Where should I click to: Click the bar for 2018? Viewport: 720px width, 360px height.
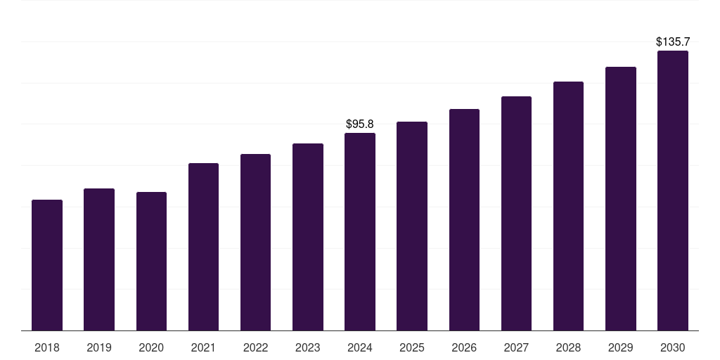[47, 265]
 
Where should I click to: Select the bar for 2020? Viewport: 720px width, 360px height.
[151, 262]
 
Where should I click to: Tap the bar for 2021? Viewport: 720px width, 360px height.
[203, 247]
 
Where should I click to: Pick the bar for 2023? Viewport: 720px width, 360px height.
[308, 237]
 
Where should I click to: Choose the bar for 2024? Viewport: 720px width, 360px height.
[360, 232]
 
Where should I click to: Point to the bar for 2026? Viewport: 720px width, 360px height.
[464, 220]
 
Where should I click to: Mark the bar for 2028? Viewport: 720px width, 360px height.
[568, 206]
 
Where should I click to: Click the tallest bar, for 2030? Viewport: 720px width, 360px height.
[672, 191]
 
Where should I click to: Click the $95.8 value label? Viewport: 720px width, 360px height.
[360, 124]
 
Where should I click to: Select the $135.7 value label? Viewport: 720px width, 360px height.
[672, 42]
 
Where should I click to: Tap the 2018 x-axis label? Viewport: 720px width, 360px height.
[47, 347]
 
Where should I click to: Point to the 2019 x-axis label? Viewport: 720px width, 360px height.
[99, 347]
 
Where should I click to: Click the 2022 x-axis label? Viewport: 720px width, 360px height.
[256, 347]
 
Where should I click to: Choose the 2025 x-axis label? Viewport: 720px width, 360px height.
[412, 347]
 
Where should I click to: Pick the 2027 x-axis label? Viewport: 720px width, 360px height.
[516, 347]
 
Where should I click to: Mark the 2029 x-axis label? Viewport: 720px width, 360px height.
[620, 347]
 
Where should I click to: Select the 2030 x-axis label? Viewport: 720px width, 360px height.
[672, 347]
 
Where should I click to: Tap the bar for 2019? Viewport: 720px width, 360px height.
[99, 259]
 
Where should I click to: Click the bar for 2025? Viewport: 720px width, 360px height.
[412, 226]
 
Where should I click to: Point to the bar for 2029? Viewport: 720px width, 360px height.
[620, 199]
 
